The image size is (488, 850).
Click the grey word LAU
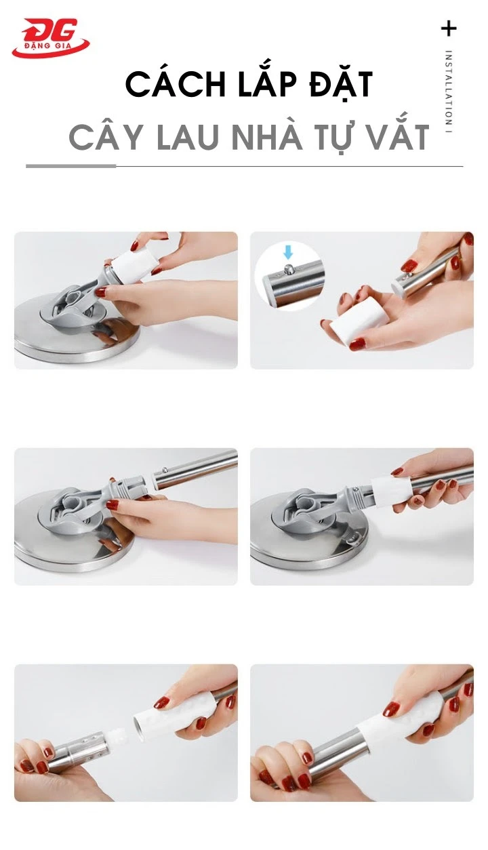pyautogui.click(x=190, y=138)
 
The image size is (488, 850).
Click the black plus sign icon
pyautogui.click(x=449, y=28)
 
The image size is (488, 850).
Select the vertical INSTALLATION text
pyautogui.click(x=449, y=92)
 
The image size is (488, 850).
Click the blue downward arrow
pyautogui.click(x=288, y=253)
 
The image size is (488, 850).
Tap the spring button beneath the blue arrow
pyautogui.click(x=289, y=269)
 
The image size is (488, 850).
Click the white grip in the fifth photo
pyautogui.click(x=163, y=719)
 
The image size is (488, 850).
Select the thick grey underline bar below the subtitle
pyautogui.click(x=71, y=165)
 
